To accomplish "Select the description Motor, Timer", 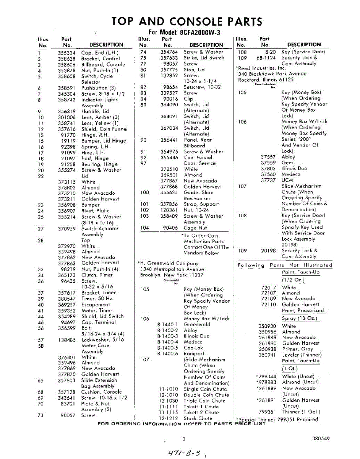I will click(x=97, y=311).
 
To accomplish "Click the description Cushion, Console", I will click(x=101, y=392).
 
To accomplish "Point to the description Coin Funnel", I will click(x=198, y=157).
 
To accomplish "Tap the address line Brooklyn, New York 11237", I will click(x=172, y=275).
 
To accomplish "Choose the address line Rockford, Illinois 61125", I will click(x=266, y=80).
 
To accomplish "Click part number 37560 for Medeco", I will click(x=268, y=174).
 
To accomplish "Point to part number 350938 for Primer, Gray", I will click(x=267, y=349).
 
